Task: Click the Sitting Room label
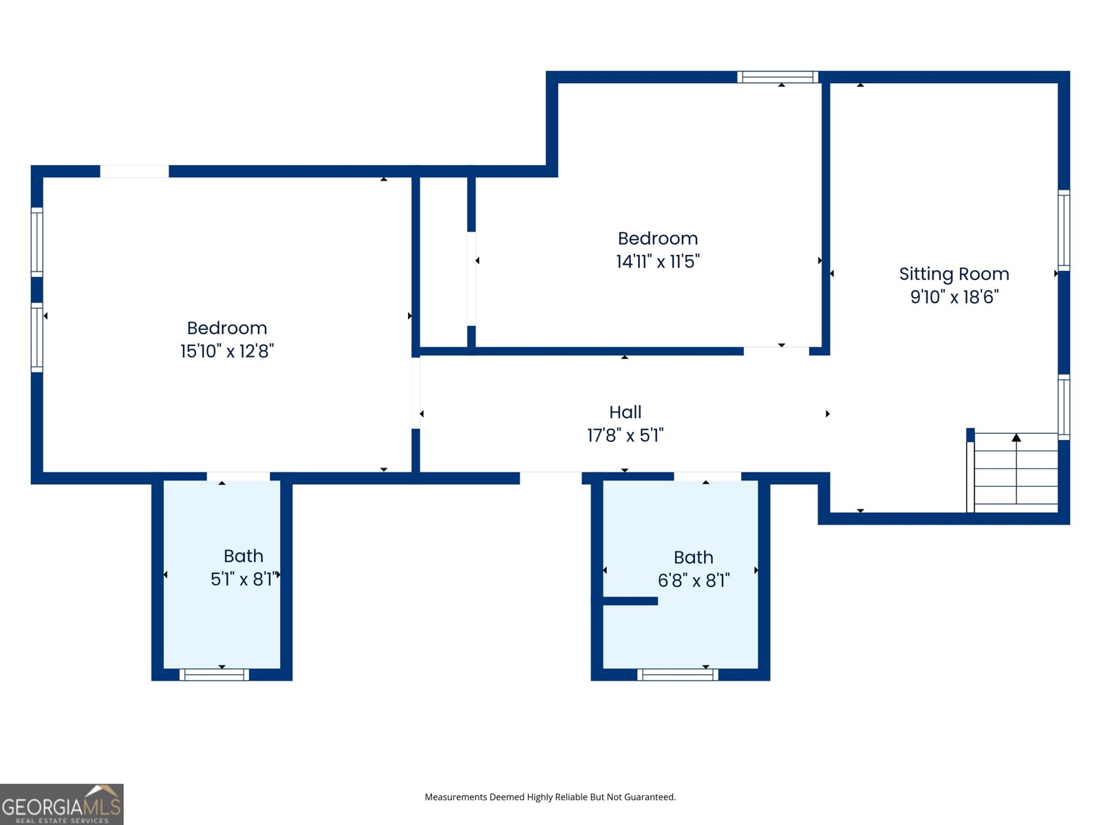coord(954,274)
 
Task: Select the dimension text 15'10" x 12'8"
coord(227,351)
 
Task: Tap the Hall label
coord(625,412)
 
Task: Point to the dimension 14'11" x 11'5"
coord(658,261)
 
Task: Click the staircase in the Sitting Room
coord(1016,472)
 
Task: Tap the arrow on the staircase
coord(1016,438)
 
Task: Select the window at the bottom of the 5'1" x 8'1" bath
coord(214,674)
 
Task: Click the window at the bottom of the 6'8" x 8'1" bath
coord(677,674)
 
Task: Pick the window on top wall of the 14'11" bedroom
coord(778,77)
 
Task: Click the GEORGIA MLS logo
coord(61,804)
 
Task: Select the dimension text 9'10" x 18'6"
coord(954,297)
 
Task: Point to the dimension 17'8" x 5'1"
coord(625,435)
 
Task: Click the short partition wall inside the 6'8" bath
coord(630,601)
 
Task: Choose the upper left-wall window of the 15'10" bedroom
coord(37,242)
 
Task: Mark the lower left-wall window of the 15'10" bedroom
coord(37,337)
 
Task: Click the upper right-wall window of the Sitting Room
coord(1064,230)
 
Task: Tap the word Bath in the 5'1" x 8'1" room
coord(244,555)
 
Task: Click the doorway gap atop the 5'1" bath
coord(238,476)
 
